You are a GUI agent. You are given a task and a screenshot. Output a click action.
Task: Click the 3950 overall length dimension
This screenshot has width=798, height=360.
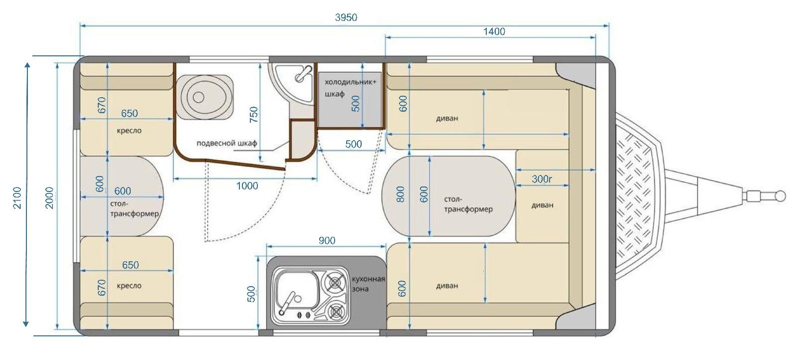346,17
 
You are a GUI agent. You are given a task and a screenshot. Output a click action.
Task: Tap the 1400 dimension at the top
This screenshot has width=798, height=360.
494,32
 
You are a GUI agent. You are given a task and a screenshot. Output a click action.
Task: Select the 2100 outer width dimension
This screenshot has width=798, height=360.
17,197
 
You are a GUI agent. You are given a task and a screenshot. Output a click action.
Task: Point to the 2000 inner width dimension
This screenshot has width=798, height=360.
49,197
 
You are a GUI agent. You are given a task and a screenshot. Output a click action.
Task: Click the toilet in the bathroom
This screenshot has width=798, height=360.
204,97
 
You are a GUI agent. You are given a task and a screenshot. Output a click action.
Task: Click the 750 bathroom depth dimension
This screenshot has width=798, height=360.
254,115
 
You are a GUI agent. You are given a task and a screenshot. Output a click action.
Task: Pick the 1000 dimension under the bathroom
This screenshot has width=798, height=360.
247,185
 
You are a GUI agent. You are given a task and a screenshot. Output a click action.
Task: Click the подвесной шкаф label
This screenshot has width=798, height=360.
226,143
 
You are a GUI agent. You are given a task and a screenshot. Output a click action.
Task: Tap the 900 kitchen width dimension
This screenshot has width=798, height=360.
327,241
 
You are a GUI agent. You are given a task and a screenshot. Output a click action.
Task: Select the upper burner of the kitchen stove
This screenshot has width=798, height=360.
335,283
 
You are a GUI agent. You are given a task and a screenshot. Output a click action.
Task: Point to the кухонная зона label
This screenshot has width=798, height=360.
369,284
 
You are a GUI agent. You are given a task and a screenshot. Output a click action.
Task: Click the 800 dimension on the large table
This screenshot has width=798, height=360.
400,194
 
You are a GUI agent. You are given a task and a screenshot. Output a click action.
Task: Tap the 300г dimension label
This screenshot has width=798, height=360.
542,179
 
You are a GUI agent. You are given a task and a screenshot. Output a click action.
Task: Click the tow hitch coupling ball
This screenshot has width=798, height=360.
781,196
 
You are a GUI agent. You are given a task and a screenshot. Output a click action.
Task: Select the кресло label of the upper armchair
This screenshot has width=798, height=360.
129,131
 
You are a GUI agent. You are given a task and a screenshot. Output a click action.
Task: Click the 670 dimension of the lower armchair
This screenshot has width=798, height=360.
102,287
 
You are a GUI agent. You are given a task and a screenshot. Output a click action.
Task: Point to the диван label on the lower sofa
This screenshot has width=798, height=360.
447,286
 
